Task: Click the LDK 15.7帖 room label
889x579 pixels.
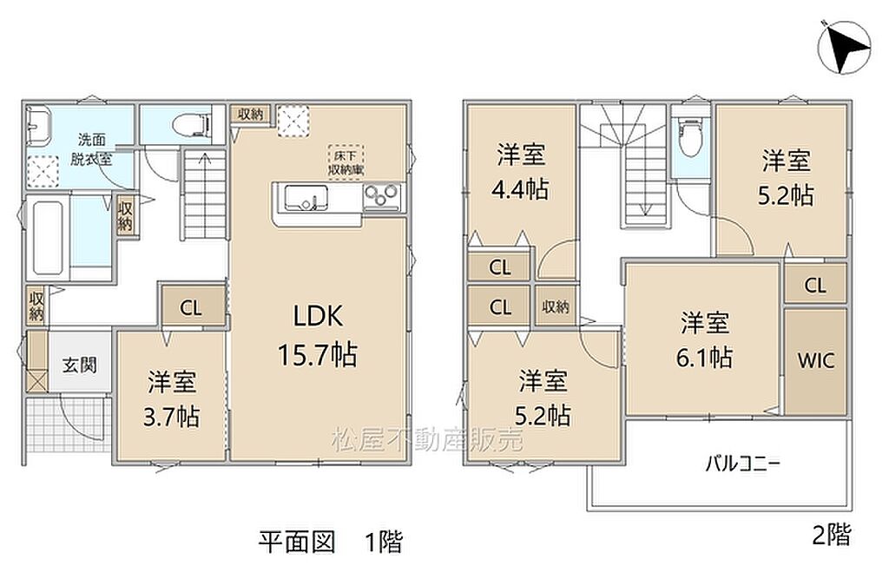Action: [x=318, y=335]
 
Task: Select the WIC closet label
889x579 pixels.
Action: [x=816, y=360]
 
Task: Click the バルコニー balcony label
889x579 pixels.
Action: [x=743, y=464]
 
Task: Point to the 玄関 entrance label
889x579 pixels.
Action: [x=79, y=365]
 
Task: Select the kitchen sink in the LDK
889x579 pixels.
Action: [x=306, y=198]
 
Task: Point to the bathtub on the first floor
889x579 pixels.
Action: [x=48, y=236]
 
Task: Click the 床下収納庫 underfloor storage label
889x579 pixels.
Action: [x=346, y=162]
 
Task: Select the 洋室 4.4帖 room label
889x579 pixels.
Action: [x=521, y=172]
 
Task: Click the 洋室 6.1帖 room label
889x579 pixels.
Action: [x=704, y=339]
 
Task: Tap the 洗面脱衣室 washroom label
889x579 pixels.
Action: [x=91, y=148]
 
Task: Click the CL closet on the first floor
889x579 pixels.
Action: [x=191, y=308]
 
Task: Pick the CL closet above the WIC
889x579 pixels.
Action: [x=815, y=285]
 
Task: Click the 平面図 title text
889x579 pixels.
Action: [x=297, y=542]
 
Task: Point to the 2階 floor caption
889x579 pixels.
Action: [x=832, y=535]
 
